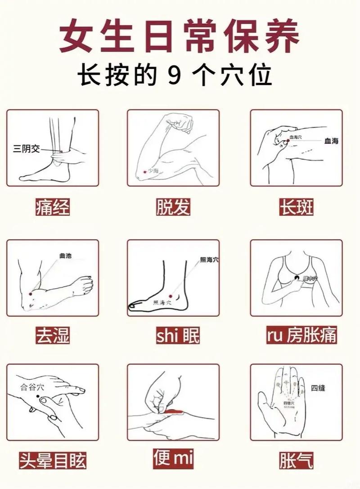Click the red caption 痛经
(x=53, y=207)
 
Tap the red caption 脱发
(x=174, y=207)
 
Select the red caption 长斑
(x=297, y=207)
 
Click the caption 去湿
(x=53, y=335)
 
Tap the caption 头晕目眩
(x=53, y=461)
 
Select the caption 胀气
(x=296, y=461)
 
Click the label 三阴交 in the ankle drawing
(x=26, y=148)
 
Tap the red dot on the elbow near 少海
(x=144, y=171)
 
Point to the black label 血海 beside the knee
(x=331, y=141)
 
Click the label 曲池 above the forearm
(x=65, y=256)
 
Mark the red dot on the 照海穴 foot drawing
(x=171, y=296)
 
